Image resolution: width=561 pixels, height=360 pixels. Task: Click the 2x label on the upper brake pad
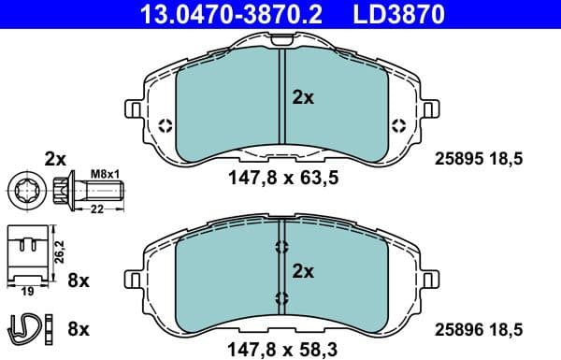[304, 95]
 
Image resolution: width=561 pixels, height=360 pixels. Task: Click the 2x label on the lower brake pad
[304, 272]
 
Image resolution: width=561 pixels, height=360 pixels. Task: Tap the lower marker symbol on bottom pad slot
[281, 298]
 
